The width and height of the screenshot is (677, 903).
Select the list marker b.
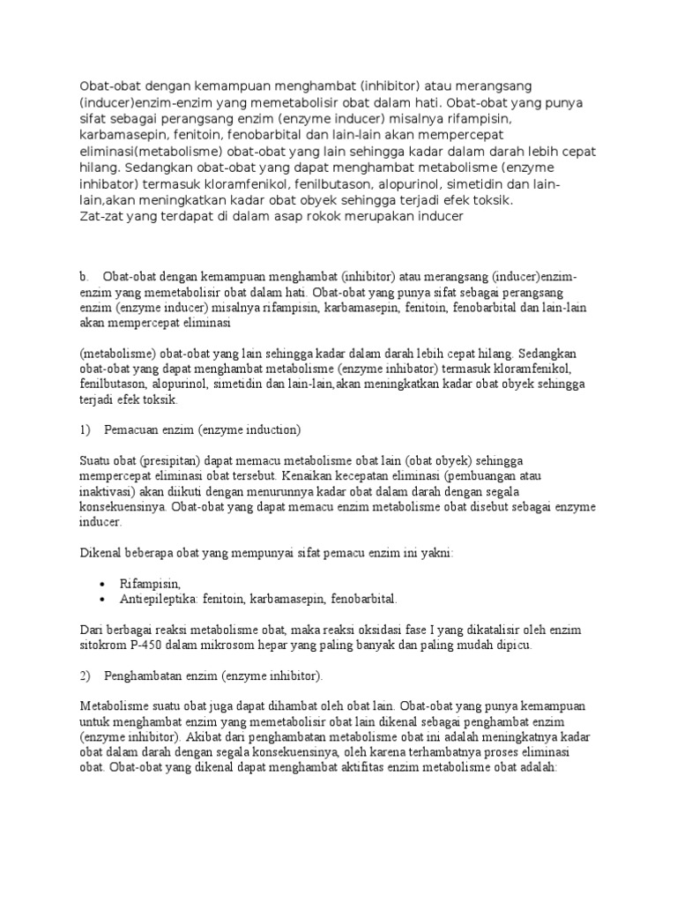click(x=84, y=276)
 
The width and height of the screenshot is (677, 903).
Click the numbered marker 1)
click(x=86, y=430)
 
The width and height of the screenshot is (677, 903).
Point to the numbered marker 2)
click(x=86, y=675)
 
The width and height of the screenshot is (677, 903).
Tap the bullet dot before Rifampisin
click(x=104, y=584)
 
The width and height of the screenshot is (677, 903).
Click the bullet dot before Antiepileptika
click(x=104, y=599)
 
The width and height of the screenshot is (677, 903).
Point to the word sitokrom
click(x=104, y=645)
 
